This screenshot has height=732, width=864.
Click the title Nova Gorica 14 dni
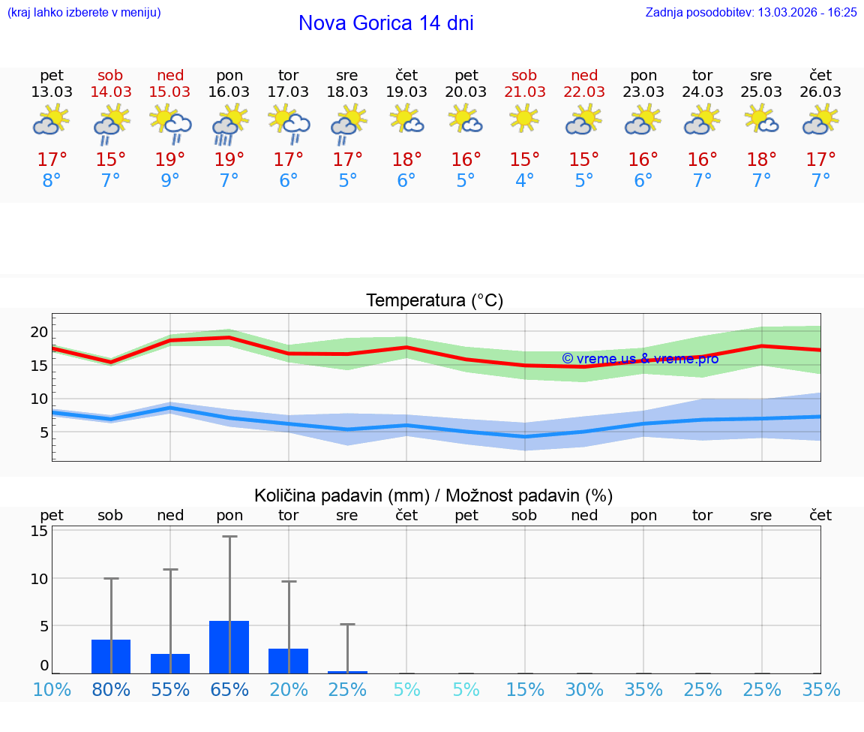385,23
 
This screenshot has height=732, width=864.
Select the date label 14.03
111,92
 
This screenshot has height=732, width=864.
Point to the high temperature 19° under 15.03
170,160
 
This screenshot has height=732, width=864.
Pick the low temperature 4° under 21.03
525,181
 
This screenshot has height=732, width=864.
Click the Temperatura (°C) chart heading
434,301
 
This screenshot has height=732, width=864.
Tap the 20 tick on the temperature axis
39,332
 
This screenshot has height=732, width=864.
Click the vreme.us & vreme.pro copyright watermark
640,358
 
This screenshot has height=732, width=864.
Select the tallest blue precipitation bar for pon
229,647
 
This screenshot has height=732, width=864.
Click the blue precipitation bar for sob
111,656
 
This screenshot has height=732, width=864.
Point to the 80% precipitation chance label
111,690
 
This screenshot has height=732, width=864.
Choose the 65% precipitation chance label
229,690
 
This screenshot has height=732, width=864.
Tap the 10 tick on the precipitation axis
39,579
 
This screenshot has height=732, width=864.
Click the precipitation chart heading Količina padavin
433,496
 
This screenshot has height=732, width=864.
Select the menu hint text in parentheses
84,12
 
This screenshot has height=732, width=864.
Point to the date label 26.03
820,92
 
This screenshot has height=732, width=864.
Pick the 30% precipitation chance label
584,690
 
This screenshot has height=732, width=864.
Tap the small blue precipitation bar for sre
347,672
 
